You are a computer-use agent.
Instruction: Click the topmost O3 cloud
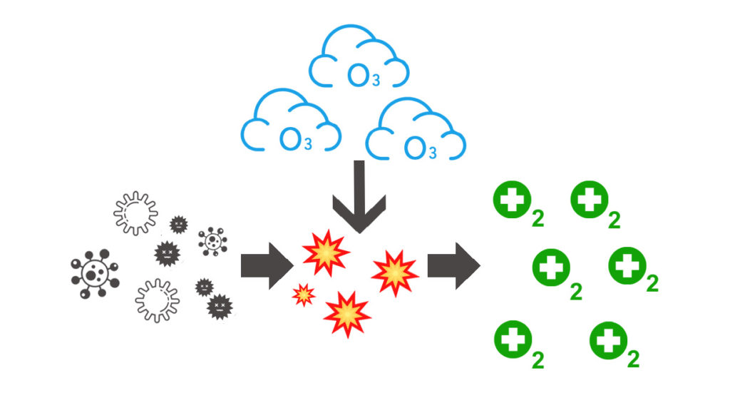(358, 61)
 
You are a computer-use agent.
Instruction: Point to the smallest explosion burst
(304, 294)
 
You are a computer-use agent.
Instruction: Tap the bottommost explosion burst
(347, 313)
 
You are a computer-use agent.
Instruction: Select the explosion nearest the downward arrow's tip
(326, 250)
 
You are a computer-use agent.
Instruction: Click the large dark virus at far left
(94, 273)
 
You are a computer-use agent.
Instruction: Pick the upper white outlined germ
(135, 212)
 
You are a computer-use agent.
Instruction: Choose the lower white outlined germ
(156, 299)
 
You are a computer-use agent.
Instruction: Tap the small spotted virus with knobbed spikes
(212, 241)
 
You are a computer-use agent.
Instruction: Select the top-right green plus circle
(590, 201)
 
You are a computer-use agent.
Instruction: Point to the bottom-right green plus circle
(608, 340)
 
